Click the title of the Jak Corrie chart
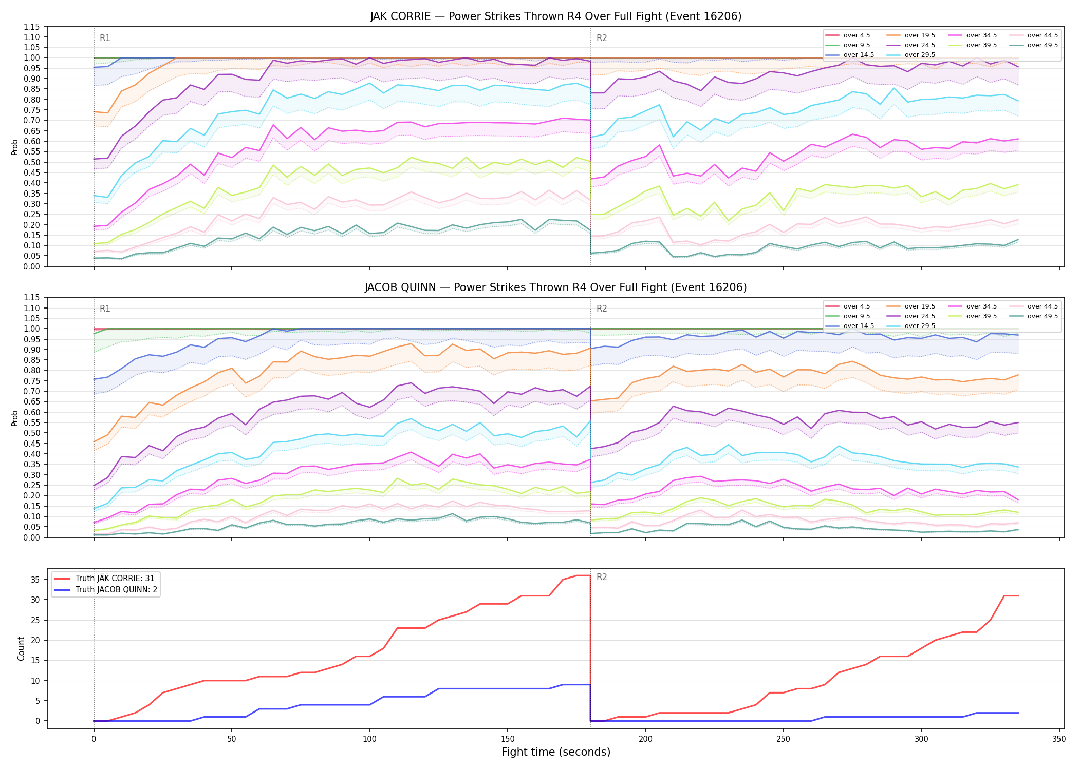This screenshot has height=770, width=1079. click(x=556, y=16)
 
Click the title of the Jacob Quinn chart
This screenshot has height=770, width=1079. click(x=556, y=287)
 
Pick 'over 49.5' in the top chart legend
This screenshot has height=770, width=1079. click(x=1043, y=45)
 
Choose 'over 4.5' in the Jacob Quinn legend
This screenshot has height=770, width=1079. click(x=857, y=306)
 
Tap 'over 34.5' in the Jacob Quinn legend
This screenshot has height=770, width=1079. click(x=981, y=306)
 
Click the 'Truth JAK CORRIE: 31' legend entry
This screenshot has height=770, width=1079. click(x=115, y=578)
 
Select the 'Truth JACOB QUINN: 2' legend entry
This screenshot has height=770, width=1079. click(x=116, y=589)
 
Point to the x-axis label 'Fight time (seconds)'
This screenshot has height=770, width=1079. click(x=556, y=752)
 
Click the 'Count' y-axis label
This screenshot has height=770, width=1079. click(x=21, y=648)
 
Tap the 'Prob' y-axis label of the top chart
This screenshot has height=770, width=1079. click(x=15, y=147)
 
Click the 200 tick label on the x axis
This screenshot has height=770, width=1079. click(x=645, y=739)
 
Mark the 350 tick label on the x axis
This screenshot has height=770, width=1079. click(x=1059, y=739)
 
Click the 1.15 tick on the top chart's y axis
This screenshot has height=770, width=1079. click(x=32, y=27)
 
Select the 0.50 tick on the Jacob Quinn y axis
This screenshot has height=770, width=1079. click(x=32, y=433)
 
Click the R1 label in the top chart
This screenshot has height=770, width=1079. click(x=105, y=38)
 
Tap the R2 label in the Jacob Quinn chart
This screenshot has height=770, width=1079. click(x=602, y=309)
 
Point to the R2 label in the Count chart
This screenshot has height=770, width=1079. click(x=602, y=577)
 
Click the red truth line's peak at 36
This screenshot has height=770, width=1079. click(x=583, y=575)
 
